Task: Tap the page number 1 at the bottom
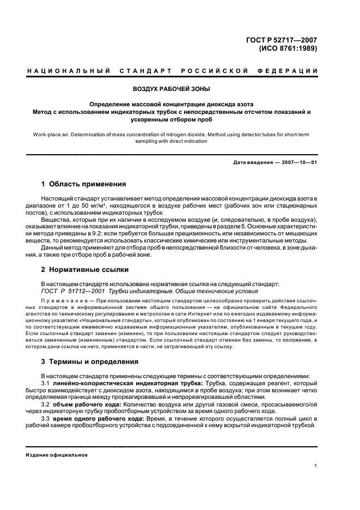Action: pyautogui.click(x=316, y=466)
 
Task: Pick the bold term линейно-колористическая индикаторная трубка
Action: pyautogui.click(x=113, y=384)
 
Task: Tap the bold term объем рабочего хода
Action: pyautogui.click(x=88, y=404)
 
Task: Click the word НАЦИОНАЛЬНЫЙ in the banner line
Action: pyautogui.click(x=69, y=71)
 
